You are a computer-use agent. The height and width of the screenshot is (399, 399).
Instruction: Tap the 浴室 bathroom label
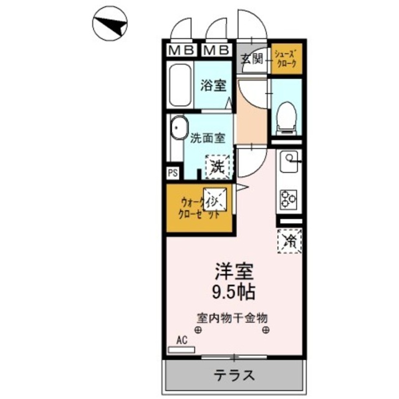(x=212, y=87)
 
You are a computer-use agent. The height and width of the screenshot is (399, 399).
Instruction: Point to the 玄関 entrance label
(x=252, y=60)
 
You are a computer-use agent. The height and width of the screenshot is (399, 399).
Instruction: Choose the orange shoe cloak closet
(x=287, y=59)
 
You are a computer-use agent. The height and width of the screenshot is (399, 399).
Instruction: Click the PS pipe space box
(x=172, y=173)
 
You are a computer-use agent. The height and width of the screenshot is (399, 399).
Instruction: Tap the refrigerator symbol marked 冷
(x=289, y=240)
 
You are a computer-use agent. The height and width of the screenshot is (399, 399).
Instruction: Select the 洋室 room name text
(x=234, y=272)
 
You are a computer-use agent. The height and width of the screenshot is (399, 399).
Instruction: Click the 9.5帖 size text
(x=234, y=291)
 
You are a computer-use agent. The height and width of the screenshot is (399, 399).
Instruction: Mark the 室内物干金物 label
(x=233, y=317)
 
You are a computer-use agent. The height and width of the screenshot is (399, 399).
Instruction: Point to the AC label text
(x=182, y=340)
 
